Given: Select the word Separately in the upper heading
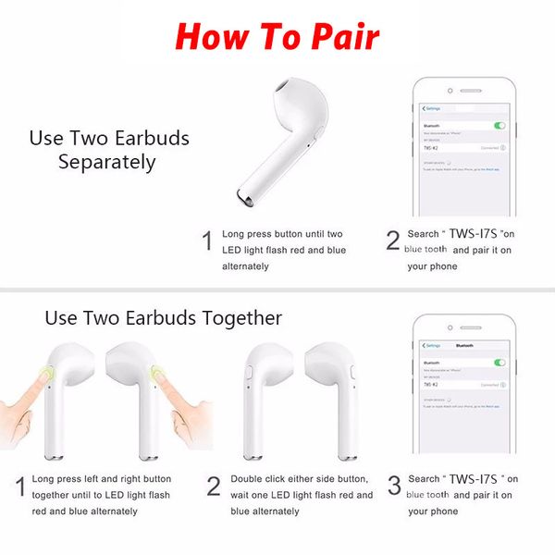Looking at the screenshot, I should coord(107,162).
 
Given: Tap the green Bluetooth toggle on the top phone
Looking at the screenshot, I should coord(500,125).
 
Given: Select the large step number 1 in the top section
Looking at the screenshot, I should coord(208,241).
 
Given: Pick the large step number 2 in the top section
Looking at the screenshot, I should coord(392,241).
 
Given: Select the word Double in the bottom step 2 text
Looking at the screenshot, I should coord(247,479).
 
